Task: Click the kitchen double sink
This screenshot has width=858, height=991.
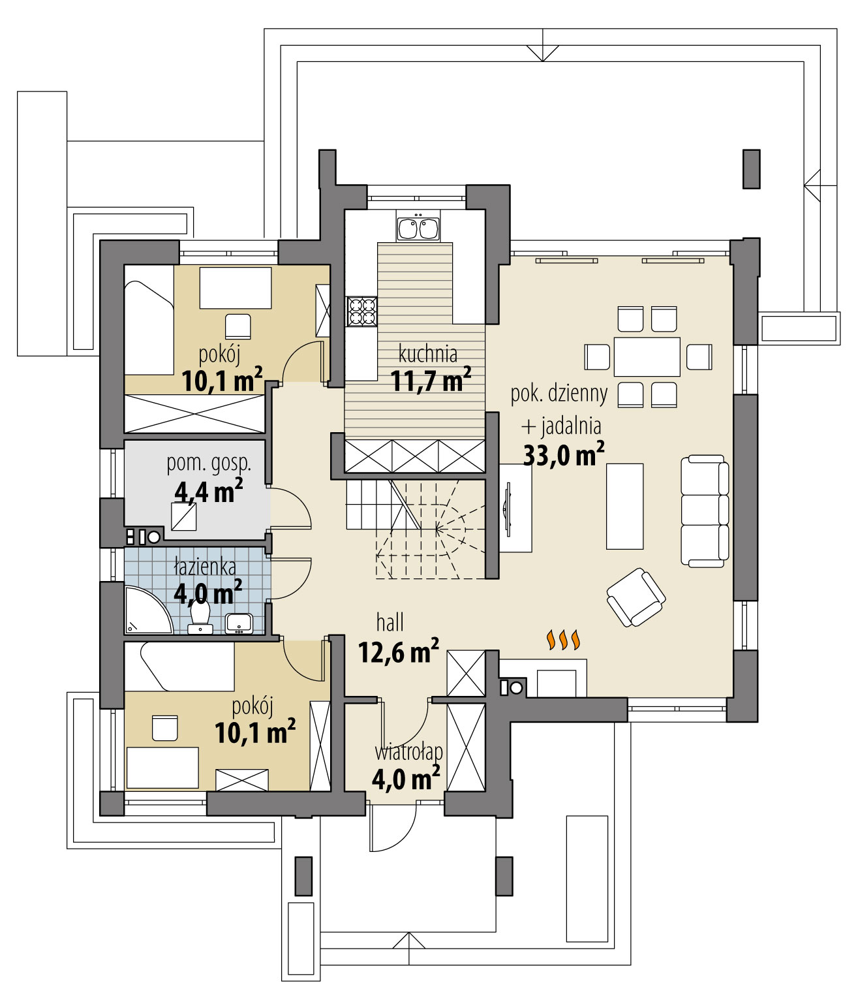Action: coord(418,228)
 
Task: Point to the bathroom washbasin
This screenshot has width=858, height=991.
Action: coord(239,623)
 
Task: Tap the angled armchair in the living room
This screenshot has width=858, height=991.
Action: coord(636,597)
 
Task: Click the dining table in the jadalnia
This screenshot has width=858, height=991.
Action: coord(647,357)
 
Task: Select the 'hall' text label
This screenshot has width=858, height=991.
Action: coord(390,622)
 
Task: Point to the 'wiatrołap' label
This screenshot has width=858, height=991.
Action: coord(408,751)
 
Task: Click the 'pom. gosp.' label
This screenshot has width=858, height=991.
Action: coord(209,464)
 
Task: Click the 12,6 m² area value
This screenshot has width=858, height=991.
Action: coord(398,651)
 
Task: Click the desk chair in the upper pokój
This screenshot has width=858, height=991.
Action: coord(238,324)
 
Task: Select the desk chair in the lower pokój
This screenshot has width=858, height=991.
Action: coord(164,728)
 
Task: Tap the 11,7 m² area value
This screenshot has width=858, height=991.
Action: coord(431,381)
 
